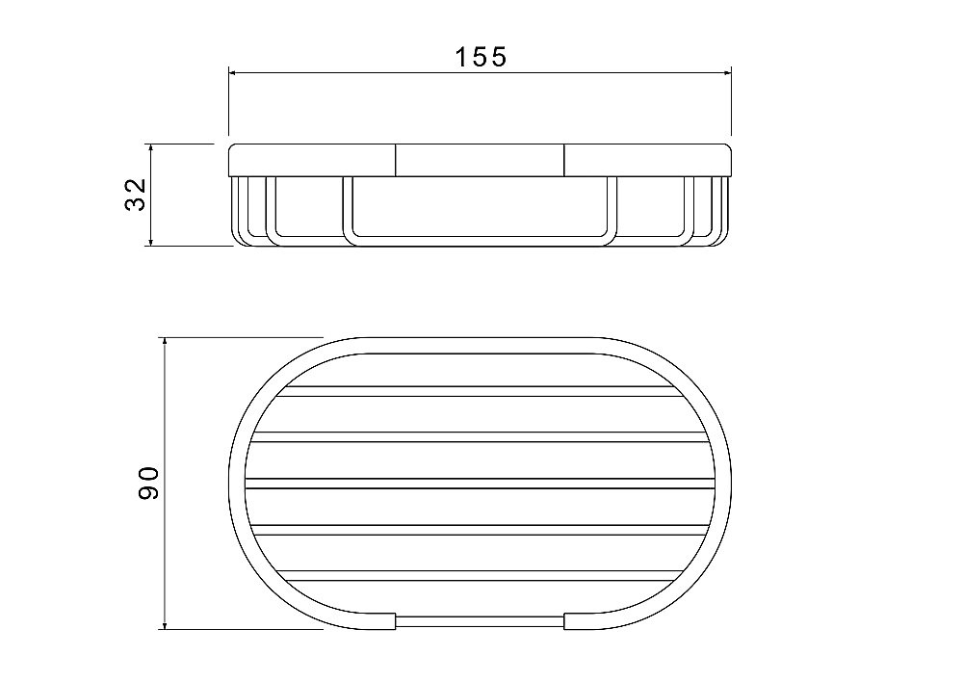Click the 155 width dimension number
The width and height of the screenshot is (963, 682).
click(x=481, y=57)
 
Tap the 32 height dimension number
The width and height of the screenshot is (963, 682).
click(x=136, y=195)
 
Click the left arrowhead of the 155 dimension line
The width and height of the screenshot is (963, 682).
click(x=233, y=73)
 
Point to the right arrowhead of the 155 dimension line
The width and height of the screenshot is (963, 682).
click(x=727, y=73)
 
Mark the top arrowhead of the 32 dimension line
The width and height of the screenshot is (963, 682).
click(x=150, y=148)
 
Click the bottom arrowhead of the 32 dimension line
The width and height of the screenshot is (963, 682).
click(x=150, y=242)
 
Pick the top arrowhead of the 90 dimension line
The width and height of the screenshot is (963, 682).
click(x=165, y=342)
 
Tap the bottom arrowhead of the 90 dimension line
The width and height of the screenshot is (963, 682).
click(x=165, y=624)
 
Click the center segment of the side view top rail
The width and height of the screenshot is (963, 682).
click(x=480, y=160)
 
